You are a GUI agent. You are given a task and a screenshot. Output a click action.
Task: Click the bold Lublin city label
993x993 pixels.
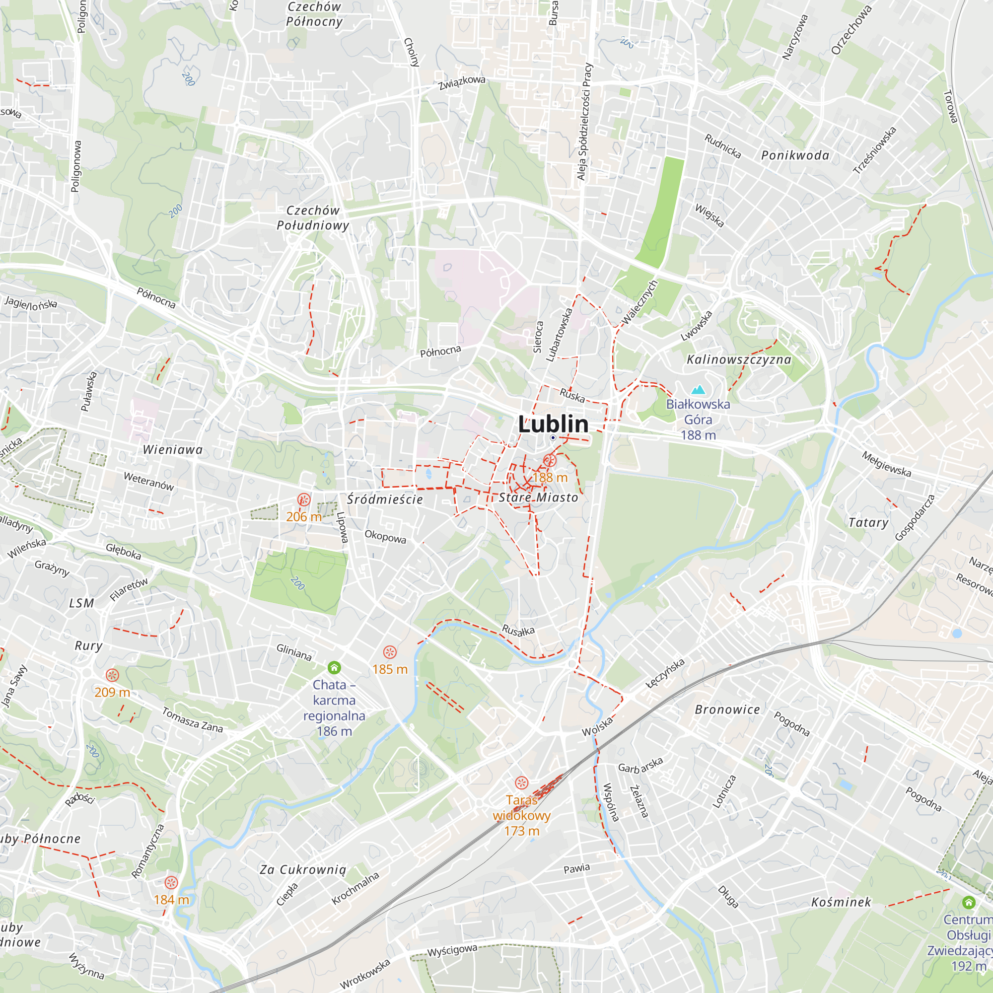point(553,424)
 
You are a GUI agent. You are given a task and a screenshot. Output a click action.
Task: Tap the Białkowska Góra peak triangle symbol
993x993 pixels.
point(698,390)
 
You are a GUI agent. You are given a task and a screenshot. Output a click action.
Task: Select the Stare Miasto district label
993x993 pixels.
point(538,497)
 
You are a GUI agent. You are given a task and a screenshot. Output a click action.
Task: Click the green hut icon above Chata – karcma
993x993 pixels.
point(334,668)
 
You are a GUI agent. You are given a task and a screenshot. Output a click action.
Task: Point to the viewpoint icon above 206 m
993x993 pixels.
point(304,499)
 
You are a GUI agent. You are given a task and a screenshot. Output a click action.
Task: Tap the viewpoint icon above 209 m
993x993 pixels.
point(112,675)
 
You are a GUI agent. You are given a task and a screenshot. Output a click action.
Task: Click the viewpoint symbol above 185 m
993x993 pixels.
point(390,652)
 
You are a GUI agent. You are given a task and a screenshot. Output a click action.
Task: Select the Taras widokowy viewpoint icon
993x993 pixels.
point(521,783)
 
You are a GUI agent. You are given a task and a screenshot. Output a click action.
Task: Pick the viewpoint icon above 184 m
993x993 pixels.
point(171,882)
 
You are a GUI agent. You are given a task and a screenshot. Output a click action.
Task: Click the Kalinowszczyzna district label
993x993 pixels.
point(739,359)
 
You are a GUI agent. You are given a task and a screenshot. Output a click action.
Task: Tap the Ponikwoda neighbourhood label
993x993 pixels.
point(795,155)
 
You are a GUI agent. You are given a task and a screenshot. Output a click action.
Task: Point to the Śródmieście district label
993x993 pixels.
point(384,499)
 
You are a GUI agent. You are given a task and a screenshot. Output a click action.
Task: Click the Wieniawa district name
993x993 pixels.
point(173,450)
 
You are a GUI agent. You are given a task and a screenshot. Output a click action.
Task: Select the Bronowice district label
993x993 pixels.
point(727,710)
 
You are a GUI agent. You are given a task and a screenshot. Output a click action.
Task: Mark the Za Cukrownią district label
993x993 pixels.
point(303,869)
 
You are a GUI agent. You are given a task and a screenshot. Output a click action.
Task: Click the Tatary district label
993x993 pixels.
point(868,523)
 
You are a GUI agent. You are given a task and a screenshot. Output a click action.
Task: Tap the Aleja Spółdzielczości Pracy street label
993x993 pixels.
point(585,122)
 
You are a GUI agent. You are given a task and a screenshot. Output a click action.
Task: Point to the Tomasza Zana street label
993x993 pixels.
point(192,720)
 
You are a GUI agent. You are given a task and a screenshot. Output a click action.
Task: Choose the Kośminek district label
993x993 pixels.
point(841,902)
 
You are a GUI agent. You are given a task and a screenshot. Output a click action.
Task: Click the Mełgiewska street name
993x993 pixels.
point(886,464)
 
